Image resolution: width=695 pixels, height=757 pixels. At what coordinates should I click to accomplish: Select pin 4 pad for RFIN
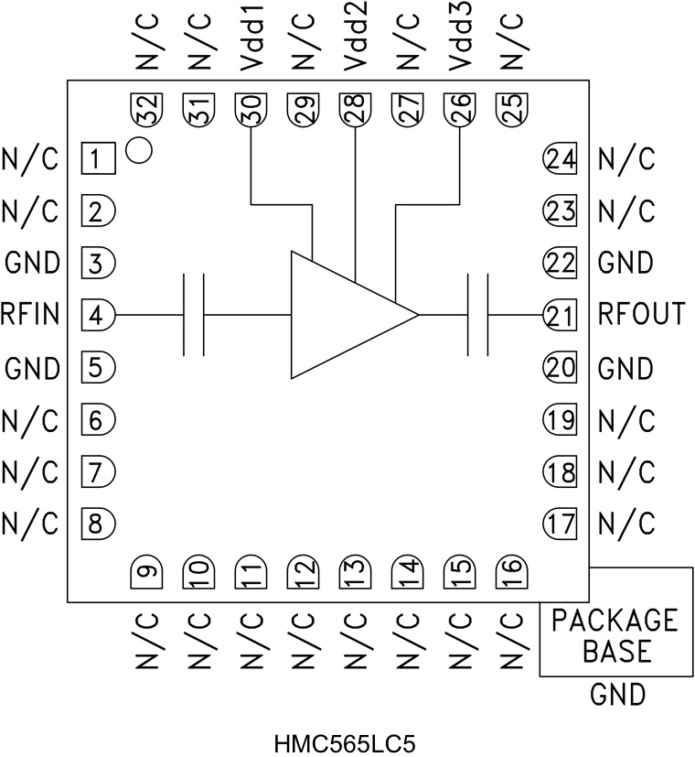click(x=100, y=316)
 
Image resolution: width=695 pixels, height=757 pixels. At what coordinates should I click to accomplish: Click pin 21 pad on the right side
click(x=560, y=316)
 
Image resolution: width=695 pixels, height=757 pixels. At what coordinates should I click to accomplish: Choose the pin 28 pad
click(x=354, y=109)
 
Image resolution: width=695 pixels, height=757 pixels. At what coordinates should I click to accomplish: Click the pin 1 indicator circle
click(x=137, y=149)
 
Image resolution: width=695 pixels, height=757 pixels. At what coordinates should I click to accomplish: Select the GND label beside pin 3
click(x=33, y=264)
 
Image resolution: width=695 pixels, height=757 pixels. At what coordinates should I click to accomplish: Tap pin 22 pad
click(x=560, y=264)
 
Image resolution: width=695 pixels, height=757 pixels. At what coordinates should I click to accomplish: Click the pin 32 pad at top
click(x=145, y=109)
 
